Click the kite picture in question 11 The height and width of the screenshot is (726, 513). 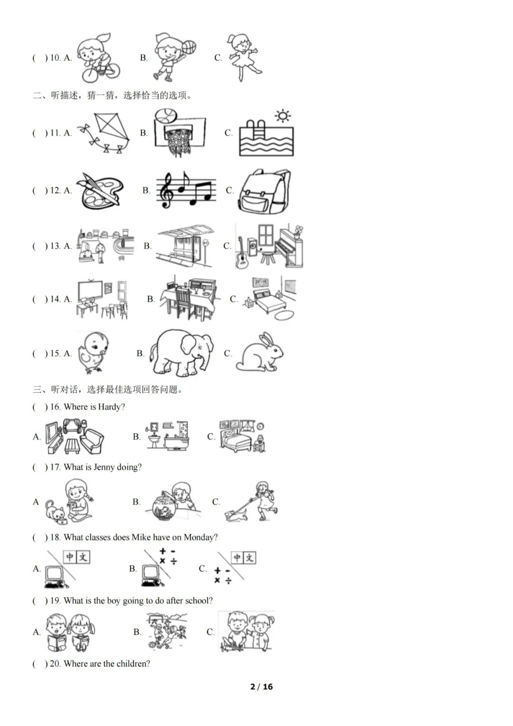(104, 133)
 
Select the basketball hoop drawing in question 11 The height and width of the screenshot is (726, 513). (180, 133)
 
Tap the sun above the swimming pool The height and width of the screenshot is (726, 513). (283, 116)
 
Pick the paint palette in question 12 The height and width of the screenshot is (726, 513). (100, 191)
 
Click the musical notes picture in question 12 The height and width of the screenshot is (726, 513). (186, 190)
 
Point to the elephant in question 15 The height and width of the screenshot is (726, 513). (181, 353)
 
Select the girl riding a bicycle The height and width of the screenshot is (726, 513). (98, 58)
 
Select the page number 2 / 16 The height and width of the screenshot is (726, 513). (262, 687)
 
